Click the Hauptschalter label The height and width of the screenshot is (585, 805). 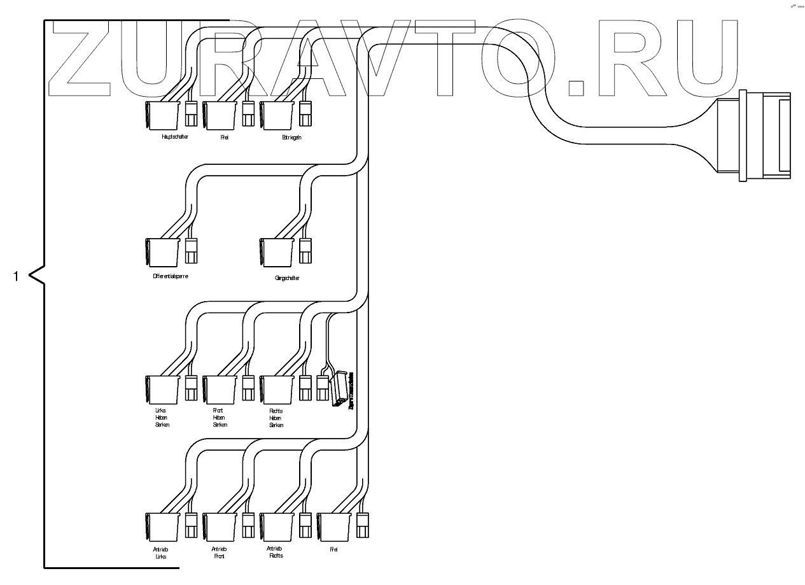(175, 137)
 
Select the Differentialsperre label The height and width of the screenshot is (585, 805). (167, 276)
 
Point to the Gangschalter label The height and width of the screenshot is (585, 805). (287, 278)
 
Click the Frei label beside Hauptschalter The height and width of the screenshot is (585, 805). (224, 137)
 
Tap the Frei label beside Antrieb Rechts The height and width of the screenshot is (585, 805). (333, 549)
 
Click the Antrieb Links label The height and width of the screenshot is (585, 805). (160, 552)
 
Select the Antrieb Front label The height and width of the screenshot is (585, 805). (218, 552)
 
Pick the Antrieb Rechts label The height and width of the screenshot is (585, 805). (276, 552)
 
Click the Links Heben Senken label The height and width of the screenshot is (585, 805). (162, 418)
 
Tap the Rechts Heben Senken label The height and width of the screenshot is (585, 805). (276, 418)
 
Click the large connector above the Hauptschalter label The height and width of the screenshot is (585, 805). (162, 115)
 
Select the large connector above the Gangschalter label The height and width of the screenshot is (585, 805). (277, 252)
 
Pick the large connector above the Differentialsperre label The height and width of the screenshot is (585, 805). (162, 252)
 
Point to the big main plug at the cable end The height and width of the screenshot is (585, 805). (757, 137)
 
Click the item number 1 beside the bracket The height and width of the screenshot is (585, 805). (17, 276)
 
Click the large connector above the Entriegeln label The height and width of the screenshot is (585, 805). (277, 115)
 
